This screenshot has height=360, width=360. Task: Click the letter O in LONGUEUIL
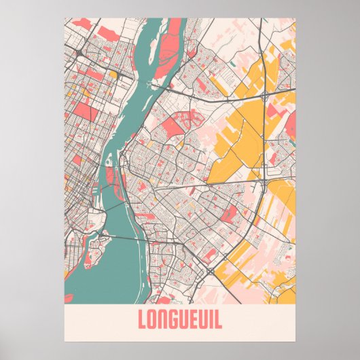(x=153, y=319)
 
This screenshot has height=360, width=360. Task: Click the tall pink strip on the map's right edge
(x=291, y=126)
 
